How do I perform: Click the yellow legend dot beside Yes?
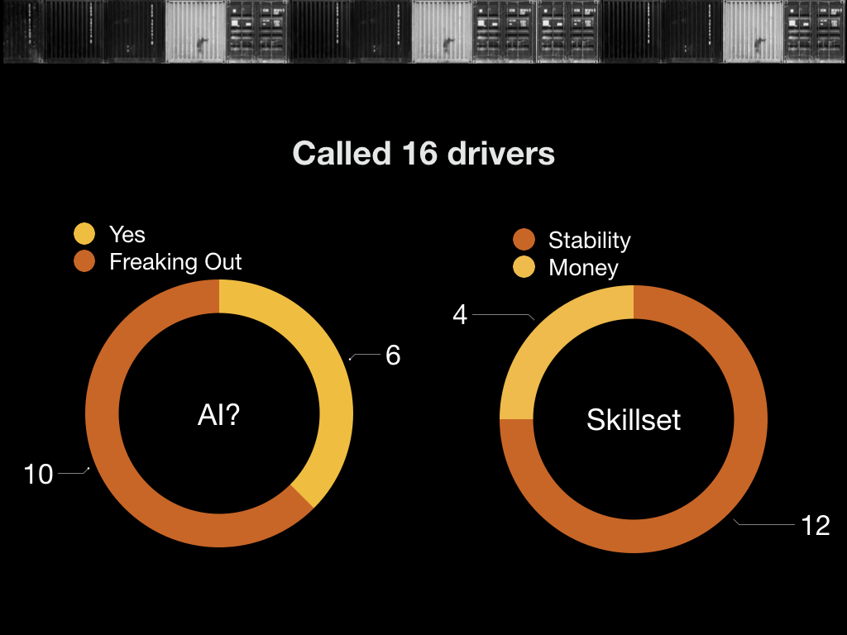click(85, 234)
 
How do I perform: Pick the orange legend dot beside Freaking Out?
click(85, 262)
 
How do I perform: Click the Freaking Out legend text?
click(175, 262)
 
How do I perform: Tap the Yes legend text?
click(127, 234)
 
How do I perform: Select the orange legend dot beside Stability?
click(524, 240)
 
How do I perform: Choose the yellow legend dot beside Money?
click(524, 268)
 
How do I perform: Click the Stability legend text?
click(589, 241)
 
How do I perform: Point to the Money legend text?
click(583, 268)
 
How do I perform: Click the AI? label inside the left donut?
click(218, 416)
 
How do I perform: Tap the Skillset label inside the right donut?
click(634, 419)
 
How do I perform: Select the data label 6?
click(393, 356)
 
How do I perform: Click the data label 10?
click(38, 475)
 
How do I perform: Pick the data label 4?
click(460, 315)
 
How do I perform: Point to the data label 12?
click(816, 526)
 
